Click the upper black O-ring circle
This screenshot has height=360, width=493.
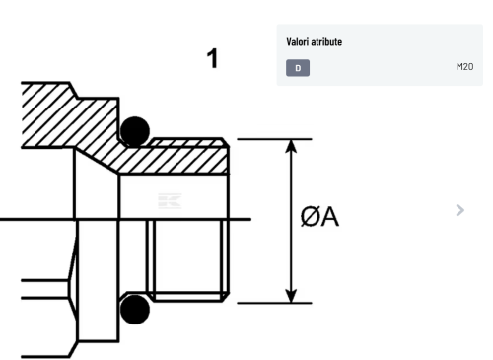point(135,131)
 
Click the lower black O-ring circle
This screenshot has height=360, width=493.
point(135,310)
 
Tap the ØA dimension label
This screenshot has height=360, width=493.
point(319,217)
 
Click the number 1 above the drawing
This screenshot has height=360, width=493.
point(213,58)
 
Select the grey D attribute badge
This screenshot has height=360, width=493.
point(298,68)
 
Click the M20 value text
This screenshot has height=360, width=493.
point(464,67)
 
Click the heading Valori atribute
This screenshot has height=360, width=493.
point(314,42)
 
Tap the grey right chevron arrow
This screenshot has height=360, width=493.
point(460,210)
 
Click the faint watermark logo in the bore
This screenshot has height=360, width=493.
point(170,201)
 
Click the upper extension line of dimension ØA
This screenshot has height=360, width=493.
point(274,139)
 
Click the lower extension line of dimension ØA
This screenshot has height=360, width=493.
point(274,303)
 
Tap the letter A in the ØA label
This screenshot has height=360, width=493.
point(329,217)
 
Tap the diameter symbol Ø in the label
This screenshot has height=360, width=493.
point(310,217)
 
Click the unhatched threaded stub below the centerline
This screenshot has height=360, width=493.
point(188,260)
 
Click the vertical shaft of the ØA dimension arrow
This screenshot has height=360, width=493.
point(291,221)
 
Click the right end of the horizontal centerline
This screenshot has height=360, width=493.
point(251,219)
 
